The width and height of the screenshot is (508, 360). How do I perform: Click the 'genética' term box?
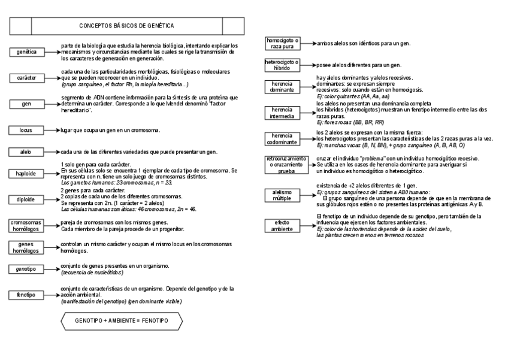click(x=26, y=52)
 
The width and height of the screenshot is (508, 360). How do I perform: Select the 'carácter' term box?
click(x=26, y=78)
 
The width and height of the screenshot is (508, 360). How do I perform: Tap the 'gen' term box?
click(x=26, y=104)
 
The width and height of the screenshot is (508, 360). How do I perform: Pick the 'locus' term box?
click(x=26, y=129)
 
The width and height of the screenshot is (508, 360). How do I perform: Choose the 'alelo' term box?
click(x=26, y=152)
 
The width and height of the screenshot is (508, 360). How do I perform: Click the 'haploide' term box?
click(x=26, y=174)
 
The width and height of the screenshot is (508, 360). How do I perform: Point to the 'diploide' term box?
click(x=26, y=199)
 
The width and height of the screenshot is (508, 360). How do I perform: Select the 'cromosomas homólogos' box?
click(x=26, y=225)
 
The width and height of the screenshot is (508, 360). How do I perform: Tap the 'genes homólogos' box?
click(x=26, y=247)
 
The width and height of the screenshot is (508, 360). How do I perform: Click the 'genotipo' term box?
click(x=26, y=270)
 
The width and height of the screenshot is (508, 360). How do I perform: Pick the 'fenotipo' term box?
click(x=26, y=295)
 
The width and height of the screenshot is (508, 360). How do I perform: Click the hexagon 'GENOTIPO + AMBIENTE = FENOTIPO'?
click(x=122, y=321)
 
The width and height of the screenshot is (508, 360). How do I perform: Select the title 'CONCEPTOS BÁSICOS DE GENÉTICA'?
click(x=126, y=26)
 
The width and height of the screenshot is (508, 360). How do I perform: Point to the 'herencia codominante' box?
click(x=282, y=139)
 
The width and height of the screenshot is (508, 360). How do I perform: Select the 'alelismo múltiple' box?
click(x=282, y=195)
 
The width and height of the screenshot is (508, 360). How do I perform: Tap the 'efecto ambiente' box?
click(x=282, y=225)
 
